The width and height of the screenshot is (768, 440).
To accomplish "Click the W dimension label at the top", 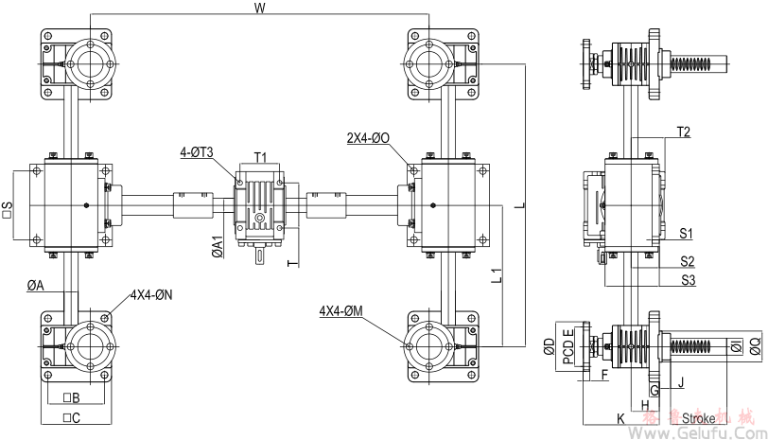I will click(x=259, y=8).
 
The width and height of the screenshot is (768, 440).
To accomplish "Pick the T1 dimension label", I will click(x=260, y=157).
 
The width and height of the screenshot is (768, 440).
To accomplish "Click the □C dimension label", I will click(x=70, y=416).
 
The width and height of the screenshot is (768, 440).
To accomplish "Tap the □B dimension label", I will click(x=70, y=397).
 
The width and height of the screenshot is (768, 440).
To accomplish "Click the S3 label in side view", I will click(x=688, y=280).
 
